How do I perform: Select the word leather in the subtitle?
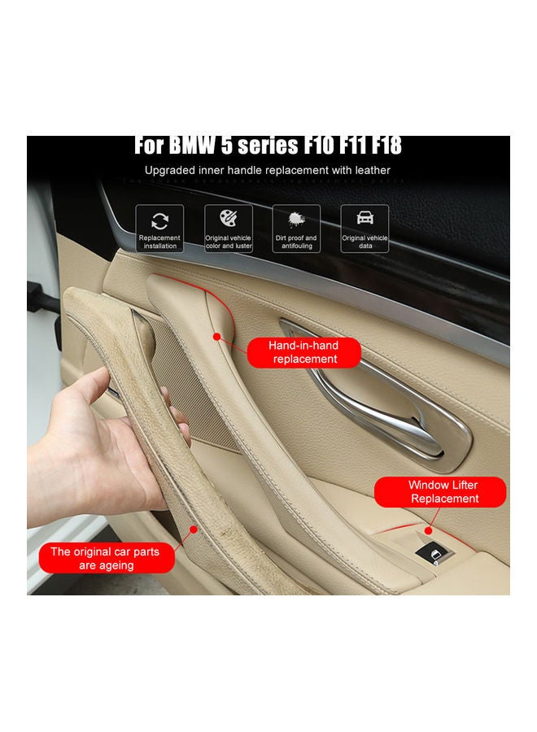(x=369, y=171)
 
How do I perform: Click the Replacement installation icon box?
(x=159, y=229)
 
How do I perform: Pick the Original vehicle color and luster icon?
(x=228, y=229)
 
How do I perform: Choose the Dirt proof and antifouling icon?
(x=296, y=229)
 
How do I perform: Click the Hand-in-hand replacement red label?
(x=303, y=352)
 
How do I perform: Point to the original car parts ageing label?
(x=106, y=558)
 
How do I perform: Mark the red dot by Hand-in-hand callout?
(x=216, y=335)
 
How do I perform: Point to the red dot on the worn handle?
(x=193, y=529)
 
